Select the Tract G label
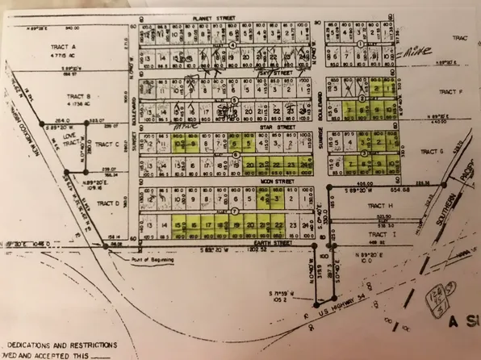[433, 151]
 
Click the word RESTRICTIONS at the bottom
[100, 342]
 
